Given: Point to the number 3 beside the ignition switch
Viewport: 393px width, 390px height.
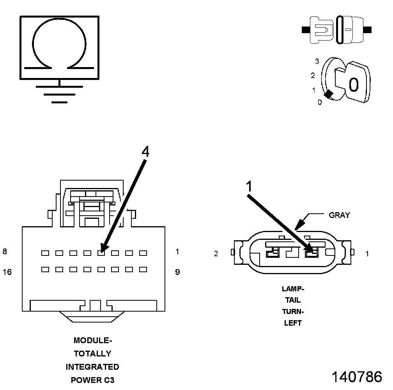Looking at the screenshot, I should (317, 61).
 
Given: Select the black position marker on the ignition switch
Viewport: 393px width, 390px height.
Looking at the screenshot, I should (329, 94).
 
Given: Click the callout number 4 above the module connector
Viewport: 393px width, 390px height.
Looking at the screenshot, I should (145, 152).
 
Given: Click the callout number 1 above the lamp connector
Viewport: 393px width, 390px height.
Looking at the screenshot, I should (250, 187).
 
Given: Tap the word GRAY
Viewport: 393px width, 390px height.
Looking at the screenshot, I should (339, 215).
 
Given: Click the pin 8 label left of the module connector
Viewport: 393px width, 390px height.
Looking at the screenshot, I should (5, 252).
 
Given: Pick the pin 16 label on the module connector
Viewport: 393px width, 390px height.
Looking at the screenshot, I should (7, 272).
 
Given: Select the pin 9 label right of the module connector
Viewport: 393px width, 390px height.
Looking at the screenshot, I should (177, 272).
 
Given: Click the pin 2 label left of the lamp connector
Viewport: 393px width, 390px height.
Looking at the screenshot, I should (216, 254).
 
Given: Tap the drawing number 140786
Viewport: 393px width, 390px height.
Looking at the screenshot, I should (357, 377).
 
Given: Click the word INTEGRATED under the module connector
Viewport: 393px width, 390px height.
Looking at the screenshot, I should (92, 367).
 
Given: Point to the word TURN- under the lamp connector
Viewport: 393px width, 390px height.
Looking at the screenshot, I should (293, 312).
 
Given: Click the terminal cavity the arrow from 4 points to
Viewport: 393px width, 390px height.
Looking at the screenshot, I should (101, 253).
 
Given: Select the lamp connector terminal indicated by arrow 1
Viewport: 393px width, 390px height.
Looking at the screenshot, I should (311, 254).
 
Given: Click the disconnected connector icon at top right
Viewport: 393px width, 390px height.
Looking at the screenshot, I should (337, 30).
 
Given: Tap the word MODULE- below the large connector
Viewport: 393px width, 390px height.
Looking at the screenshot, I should (92, 340).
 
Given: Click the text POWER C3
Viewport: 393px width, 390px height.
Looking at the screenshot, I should (92, 380).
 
